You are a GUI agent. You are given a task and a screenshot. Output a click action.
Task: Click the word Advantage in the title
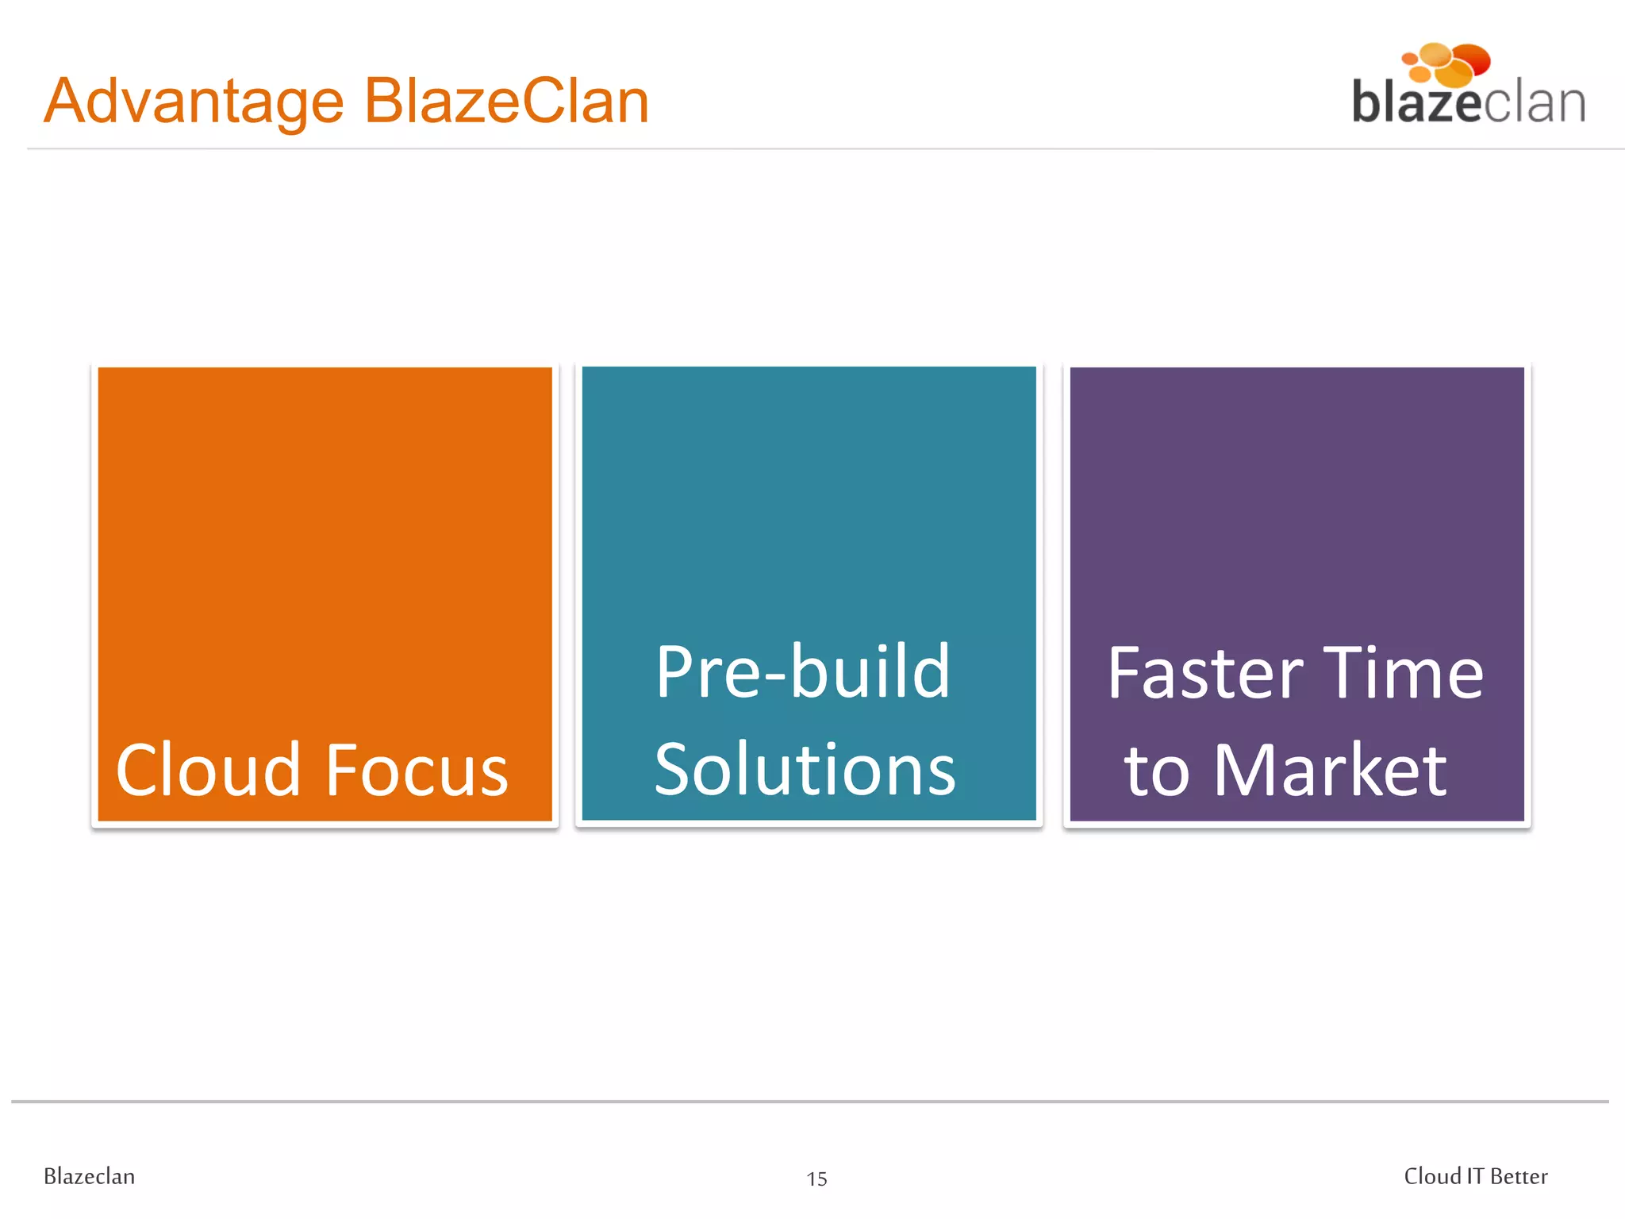(x=194, y=102)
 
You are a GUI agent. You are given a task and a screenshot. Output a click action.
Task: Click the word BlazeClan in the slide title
(x=506, y=102)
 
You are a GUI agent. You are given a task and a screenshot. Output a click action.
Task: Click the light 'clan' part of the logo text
(x=1535, y=103)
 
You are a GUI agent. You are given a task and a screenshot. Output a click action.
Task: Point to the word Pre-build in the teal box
(x=802, y=672)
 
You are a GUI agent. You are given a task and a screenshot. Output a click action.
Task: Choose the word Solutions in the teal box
(x=805, y=770)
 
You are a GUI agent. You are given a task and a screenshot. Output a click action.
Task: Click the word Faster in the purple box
(x=1204, y=673)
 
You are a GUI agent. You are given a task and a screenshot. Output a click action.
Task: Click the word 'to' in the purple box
(x=1156, y=771)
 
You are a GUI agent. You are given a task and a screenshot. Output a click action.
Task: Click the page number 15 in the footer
(x=816, y=1179)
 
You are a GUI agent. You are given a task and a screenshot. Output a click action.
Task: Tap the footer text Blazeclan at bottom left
(x=89, y=1176)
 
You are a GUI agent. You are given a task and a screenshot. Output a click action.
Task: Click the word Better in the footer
(x=1519, y=1176)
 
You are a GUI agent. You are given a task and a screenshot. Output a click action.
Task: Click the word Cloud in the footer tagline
(x=1432, y=1176)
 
